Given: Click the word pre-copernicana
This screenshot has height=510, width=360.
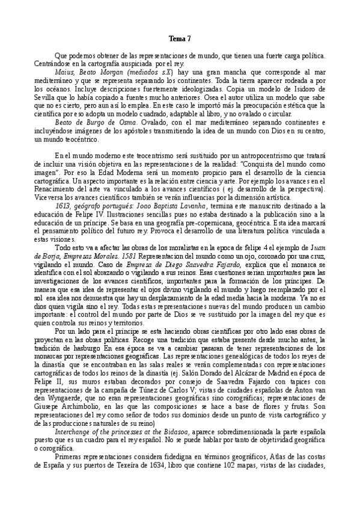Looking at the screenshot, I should click(181, 223).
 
